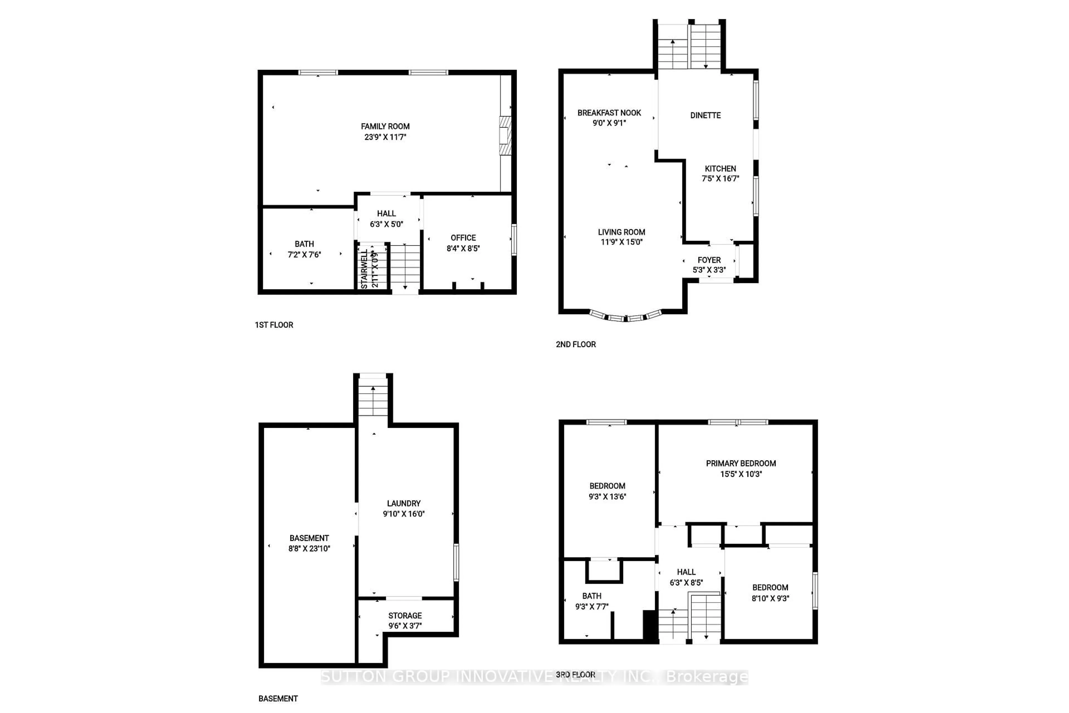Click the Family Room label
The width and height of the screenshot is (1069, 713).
(385, 126)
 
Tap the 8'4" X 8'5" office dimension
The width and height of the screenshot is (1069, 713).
(463, 248)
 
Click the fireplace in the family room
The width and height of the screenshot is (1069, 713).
(504, 136)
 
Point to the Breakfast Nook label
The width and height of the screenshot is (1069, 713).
(609, 113)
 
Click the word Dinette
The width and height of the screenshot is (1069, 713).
(705, 116)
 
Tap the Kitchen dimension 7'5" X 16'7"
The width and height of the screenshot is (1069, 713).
(720, 179)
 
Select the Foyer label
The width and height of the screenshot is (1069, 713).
(709, 260)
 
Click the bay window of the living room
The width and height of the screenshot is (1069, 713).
(626, 317)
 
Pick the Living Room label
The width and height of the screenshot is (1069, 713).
(621, 232)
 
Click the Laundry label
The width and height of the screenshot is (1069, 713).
(404, 503)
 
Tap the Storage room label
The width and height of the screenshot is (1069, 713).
(405, 616)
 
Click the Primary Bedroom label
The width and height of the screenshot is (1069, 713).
(741, 463)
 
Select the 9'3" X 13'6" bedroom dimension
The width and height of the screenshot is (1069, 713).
(607, 497)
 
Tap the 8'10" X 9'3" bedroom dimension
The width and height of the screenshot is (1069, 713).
(770, 599)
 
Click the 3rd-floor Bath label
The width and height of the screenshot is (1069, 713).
(592, 596)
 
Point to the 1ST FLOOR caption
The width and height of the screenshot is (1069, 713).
(274, 325)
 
